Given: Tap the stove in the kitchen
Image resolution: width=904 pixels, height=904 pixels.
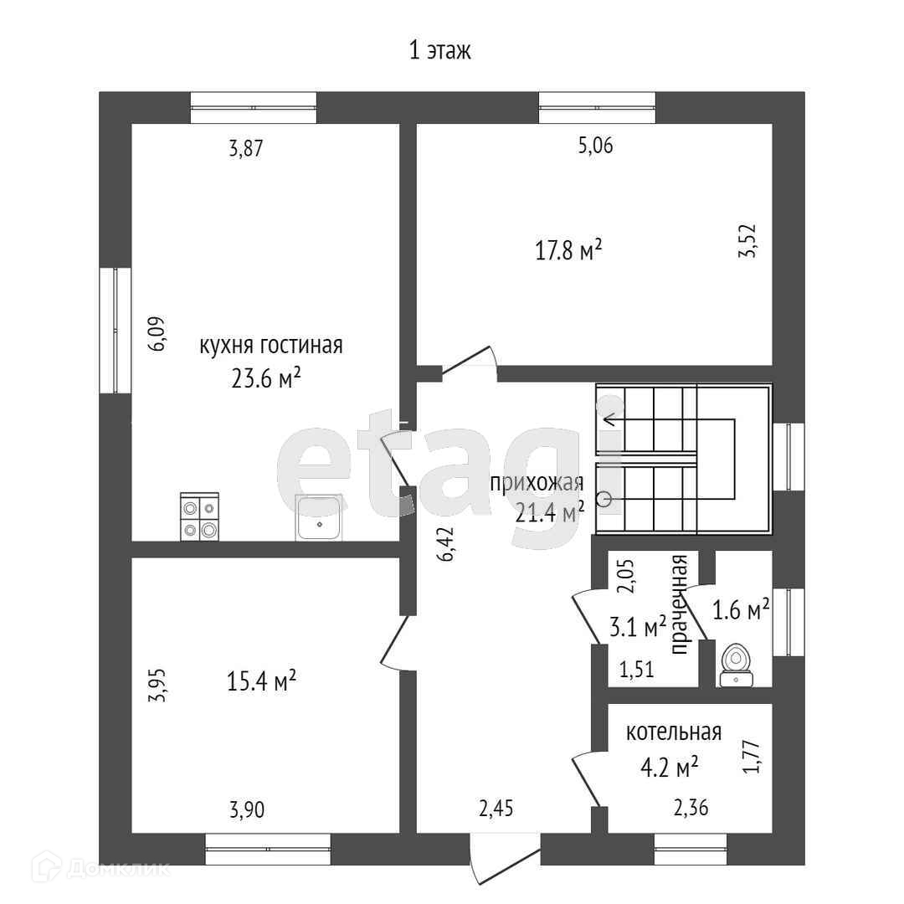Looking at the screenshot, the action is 199,516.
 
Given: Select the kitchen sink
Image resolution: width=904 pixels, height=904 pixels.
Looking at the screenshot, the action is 318,517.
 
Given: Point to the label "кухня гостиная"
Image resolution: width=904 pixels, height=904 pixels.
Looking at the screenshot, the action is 270,346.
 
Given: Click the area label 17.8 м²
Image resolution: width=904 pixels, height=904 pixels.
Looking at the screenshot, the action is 569,249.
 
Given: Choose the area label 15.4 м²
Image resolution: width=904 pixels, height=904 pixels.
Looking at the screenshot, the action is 262,682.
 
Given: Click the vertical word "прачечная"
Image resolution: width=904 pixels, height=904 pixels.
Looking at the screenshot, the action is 680,604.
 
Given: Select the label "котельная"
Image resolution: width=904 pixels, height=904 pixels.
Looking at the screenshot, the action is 674,732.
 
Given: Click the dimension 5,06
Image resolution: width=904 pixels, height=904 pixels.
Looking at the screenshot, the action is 596,146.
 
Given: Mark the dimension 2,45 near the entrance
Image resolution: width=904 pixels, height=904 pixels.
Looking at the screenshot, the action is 496,809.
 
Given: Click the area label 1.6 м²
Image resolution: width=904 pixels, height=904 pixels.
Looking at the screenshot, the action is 740,610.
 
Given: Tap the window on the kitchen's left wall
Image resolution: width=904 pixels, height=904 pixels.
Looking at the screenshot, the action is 115,330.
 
